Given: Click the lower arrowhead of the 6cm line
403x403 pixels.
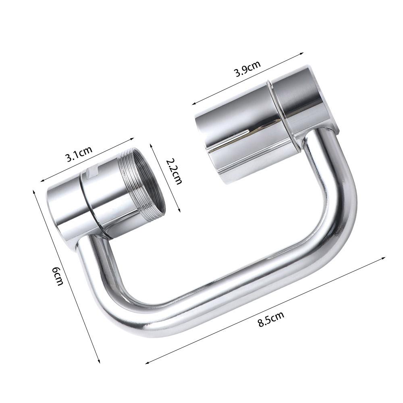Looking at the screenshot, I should pyautogui.click(x=98, y=361).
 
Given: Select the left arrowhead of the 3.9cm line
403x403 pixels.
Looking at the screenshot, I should pyautogui.click(x=193, y=104).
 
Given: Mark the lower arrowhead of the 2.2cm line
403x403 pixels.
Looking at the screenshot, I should pyautogui.click(x=179, y=209).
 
